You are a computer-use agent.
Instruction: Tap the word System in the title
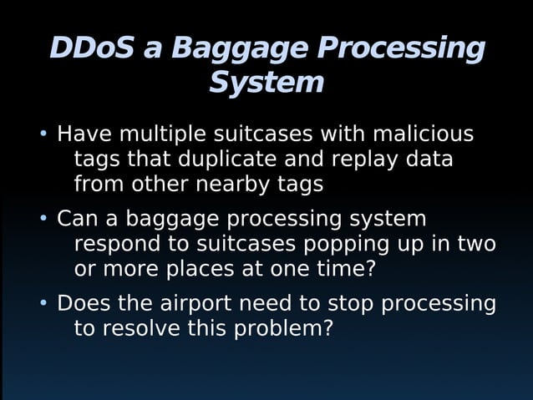pyautogui.click(x=266, y=83)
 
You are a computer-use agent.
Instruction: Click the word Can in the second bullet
pyautogui.click(x=77, y=219)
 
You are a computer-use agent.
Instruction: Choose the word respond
pyautogui.click(x=121, y=245)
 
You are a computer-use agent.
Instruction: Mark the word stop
pyautogui.click(x=351, y=303)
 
